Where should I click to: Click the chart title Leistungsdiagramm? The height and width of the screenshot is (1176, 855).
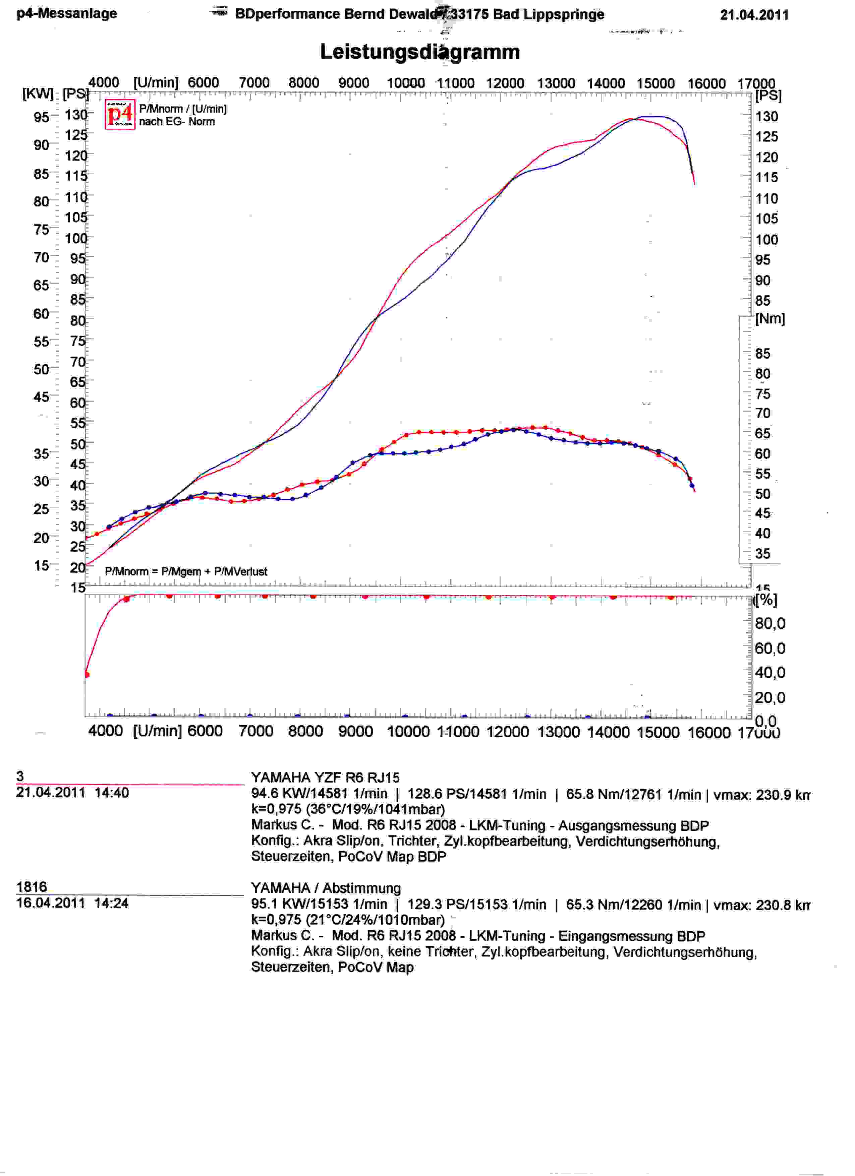[420, 52]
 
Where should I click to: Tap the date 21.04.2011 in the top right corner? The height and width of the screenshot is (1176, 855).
[754, 15]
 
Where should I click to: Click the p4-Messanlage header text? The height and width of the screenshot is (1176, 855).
[67, 13]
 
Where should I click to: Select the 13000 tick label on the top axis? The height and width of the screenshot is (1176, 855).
[556, 83]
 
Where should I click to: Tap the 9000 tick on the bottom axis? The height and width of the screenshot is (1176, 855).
[355, 732]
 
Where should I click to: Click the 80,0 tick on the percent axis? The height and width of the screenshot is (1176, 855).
[770, 623]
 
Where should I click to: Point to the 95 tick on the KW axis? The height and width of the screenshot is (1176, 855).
[41, 117]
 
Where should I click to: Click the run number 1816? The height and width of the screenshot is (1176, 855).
[32, 887]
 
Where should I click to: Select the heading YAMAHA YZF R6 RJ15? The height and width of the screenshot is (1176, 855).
[325, 778]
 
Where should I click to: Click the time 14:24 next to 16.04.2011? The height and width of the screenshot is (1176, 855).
[111, 903]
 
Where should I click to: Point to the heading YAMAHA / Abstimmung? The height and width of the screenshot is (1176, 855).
[326, 888]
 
